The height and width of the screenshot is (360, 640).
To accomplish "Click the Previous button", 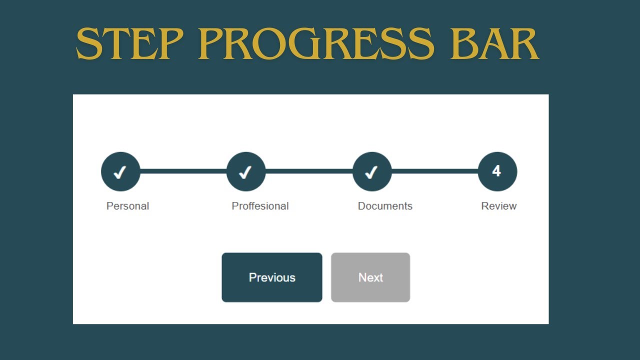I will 272,277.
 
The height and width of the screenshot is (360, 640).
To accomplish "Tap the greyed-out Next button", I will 370,277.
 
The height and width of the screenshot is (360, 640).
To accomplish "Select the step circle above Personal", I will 120,171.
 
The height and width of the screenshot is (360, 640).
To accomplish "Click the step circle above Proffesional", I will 246,171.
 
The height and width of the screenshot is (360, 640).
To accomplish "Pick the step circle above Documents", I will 372,171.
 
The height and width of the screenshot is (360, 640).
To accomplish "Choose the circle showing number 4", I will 497,171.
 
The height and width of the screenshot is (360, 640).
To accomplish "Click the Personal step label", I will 127,206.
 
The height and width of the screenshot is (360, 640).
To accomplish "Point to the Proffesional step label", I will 260,206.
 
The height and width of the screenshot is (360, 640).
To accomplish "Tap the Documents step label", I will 385,206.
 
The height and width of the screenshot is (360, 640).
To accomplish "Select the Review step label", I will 498,206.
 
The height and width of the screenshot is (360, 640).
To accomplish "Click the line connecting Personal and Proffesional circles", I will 183,171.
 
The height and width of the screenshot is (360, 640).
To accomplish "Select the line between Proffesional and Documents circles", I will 309,171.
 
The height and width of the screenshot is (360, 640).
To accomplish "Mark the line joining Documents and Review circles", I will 434,171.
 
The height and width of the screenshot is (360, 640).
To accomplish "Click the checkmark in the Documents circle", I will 371,172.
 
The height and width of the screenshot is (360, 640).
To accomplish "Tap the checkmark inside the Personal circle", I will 119,172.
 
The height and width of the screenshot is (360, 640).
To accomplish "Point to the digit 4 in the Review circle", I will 496,171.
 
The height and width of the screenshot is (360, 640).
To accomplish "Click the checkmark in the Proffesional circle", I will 245,172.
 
